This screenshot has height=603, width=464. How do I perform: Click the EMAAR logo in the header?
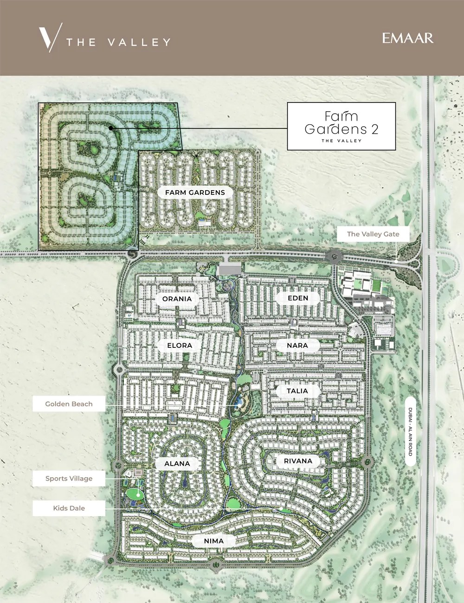408,38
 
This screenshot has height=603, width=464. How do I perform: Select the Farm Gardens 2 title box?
342,126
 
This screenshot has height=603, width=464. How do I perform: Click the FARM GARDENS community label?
195,192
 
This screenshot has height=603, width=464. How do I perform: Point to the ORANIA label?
177,299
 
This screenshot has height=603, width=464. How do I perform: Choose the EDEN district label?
298,298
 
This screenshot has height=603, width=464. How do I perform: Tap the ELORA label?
180,346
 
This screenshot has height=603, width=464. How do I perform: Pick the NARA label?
297,346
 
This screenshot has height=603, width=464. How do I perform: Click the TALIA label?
297,391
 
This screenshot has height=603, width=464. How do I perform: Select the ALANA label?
177,463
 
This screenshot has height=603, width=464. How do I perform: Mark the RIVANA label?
298,461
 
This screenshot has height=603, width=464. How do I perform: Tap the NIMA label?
213,541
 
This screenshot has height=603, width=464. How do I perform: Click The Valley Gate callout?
373,234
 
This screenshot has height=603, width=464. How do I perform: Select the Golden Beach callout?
69,404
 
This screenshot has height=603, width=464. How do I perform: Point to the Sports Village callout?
69,479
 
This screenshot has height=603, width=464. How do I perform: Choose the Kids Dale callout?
69,508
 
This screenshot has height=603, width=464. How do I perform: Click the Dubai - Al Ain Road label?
410,432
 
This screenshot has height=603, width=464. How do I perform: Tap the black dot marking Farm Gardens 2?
110,128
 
